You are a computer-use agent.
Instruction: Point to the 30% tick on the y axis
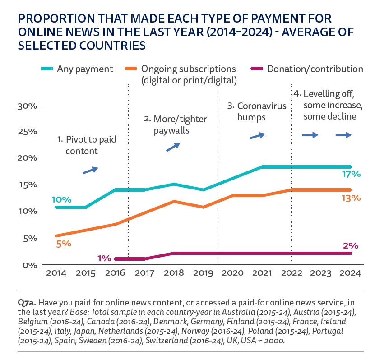[26, 106]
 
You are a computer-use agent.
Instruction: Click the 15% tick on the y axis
[26, 185]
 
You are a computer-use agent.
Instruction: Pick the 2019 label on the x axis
[203, 273]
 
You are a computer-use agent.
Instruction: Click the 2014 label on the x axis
[56, 273]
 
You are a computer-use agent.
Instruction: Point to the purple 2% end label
[350, 246]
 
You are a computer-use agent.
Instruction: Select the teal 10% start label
[61, 199]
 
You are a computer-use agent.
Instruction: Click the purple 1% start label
[104, 258]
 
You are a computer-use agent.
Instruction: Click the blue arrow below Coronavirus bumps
[257, 135]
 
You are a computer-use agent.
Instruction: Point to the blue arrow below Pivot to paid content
[90, 170]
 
